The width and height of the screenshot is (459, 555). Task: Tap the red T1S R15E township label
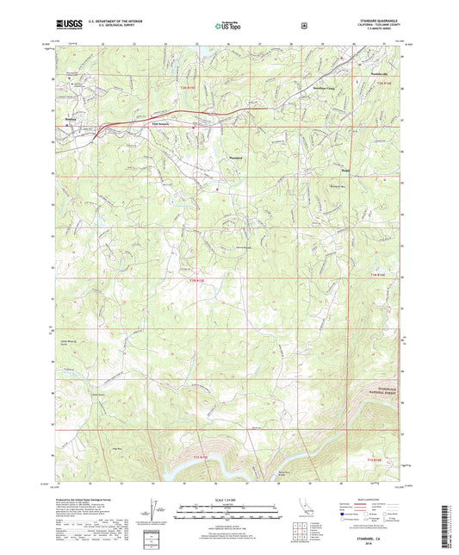(x=199, y=458)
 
